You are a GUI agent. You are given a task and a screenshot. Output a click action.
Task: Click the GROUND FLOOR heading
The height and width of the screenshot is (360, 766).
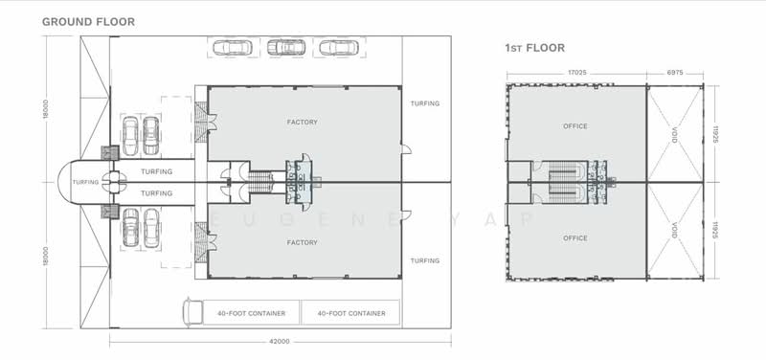coord(88,21)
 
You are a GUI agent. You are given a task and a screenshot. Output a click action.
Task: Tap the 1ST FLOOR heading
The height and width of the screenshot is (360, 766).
coord(535,48)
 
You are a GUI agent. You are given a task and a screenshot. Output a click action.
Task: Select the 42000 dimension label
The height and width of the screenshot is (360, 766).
coord(280,342)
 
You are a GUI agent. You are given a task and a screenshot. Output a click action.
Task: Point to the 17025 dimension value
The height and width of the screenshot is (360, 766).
coord(576,73)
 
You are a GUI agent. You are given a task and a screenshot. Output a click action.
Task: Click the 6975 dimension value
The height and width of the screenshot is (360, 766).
coord(675,73)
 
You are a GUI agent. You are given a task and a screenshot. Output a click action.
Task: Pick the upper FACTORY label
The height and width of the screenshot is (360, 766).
coord(303,123)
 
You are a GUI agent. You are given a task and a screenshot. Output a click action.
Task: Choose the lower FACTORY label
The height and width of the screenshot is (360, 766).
coord(303,243)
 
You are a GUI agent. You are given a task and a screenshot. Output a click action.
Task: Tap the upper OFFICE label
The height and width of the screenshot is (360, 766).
coord(575,126)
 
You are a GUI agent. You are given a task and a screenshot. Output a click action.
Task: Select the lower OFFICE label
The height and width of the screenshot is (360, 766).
coord(575,238)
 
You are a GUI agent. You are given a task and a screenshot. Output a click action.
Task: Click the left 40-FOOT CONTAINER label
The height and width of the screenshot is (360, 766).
coord(251,314)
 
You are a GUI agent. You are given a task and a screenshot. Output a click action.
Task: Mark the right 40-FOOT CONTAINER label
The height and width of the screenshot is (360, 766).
coord(351,314)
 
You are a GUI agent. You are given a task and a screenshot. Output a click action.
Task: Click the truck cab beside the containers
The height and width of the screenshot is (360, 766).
coord(192,311)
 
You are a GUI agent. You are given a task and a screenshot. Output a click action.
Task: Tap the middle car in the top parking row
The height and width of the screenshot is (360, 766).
coord(286,47)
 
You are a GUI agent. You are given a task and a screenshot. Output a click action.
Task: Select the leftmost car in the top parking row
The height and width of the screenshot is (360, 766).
coord(233,47)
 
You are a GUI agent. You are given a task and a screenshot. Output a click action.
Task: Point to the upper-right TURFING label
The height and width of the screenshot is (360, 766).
coord(425,103)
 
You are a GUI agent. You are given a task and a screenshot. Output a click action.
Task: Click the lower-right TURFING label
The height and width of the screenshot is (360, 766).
coord(425,260)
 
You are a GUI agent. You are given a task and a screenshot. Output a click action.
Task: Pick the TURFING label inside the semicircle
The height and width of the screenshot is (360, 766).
coord(85,182)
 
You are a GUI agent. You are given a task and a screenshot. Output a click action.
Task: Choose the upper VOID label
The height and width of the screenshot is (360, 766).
coord(675,135)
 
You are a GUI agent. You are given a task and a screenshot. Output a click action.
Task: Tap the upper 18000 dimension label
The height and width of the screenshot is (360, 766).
coord(46,109)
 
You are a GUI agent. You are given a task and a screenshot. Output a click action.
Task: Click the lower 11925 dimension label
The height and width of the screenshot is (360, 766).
coord(714,230)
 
